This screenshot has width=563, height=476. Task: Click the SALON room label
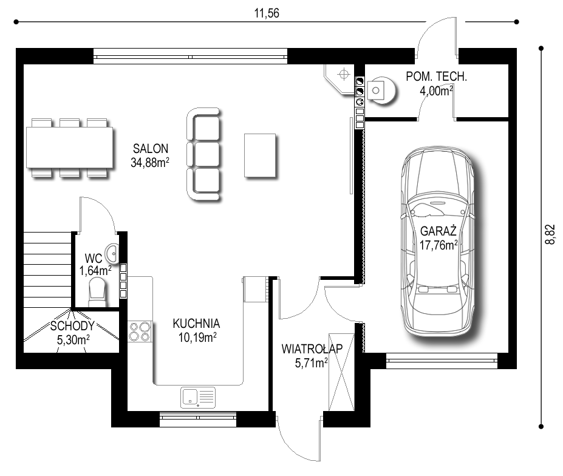pos(151,149)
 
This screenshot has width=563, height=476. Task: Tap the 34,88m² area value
pos(150,163)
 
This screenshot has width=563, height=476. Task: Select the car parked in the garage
pos(437,241)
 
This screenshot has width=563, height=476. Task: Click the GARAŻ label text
pos(438,231)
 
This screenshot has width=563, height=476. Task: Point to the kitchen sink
pos(198,398)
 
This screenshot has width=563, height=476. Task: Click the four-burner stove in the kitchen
pos(140,331)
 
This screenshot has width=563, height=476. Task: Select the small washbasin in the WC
pos(113,253)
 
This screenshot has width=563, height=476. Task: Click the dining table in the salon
pos(70,148)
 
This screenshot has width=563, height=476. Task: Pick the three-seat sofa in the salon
pos(203,154)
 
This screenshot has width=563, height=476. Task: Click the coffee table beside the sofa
pos(260,155)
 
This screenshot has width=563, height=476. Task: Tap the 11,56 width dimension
pos(267,13)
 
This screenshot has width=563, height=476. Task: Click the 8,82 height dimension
pos(550,234)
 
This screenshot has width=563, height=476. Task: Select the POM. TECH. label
pos(436,76)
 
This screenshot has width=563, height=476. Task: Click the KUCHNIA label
pos(196,324)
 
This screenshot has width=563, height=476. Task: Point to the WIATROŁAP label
pos(312,348)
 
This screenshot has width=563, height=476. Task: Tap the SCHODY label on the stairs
pos(72,326)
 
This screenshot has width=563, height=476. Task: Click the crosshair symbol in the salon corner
pos(344,74)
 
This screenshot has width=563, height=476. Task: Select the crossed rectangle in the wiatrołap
pos(341,372)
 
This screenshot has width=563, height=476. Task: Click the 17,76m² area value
pos(438,245)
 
